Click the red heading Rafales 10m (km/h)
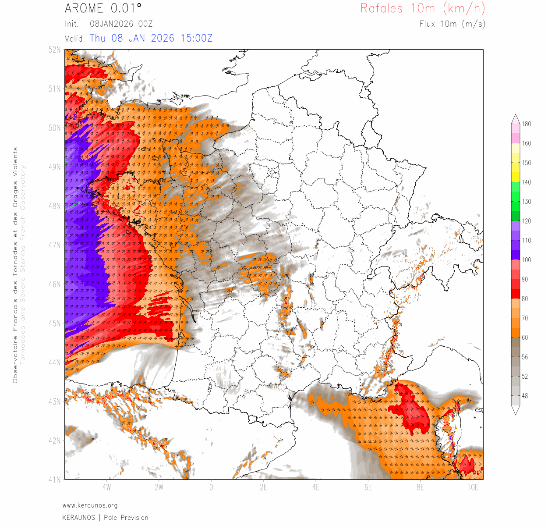tap(422, 8)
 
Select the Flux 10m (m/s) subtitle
tap(452, 24)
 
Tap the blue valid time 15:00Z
tap(196, 38)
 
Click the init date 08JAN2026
tap(111, 24)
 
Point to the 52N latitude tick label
tap(55, 50)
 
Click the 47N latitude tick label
tap(55, 245)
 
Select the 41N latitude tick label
tap(55, 480)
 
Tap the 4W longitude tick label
tap(106, 487)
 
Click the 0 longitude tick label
tap(211, 487)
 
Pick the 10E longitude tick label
tap(472, 487)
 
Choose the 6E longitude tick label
tap(368, 487)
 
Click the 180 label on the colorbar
tap(526, 124)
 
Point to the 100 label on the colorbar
tap(526, 260)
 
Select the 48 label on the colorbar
tap(525, 396)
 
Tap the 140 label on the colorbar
tap(526, 182)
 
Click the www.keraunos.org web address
tap(90, 505)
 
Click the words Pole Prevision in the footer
tap(126, 518)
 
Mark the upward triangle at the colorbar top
tap(516, 118)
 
